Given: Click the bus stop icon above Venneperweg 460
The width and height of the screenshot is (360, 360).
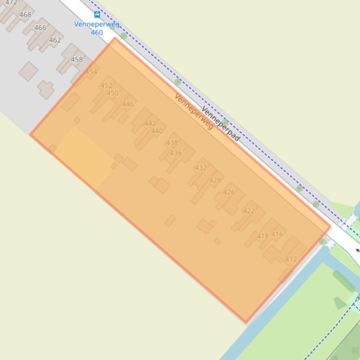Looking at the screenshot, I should (x=97, y=14).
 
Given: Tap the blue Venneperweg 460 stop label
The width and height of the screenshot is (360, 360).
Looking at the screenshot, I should (x=96, y=28).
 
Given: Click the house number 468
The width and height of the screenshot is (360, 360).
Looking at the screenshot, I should (x=25, y=14).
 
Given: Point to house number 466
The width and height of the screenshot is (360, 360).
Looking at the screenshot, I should (x=40, y=28).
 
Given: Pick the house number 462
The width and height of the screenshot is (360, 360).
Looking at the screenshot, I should (x=55, y=40).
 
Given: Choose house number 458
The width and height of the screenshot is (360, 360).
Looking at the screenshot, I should (x=77, y=59).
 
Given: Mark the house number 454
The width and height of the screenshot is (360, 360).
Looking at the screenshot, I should (x=91, y=72).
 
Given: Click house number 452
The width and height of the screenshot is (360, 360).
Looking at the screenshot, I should (x=106, y=86).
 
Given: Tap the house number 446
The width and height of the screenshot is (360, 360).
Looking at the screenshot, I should (x=128, y=104).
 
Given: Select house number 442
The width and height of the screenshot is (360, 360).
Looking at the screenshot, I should (x=150, y=123).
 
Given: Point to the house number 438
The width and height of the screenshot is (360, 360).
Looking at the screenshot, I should (x=172, y=143).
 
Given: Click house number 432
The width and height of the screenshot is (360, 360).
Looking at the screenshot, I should (x=201, y=168).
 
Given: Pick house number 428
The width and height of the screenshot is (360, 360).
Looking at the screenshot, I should (x=215, y=180).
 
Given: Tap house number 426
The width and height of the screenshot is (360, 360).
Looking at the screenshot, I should (x=229, y=192).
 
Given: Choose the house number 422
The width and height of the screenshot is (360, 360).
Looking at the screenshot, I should (x=249, y=211).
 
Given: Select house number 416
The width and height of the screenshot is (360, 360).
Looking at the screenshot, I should (x=277, y=234).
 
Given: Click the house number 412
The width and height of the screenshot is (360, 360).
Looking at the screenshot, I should (x=291, y=259).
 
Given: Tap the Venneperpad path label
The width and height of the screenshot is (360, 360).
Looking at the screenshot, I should (x=220, y=124).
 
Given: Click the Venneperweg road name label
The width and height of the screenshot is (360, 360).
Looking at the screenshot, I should (x=194, y=111).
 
